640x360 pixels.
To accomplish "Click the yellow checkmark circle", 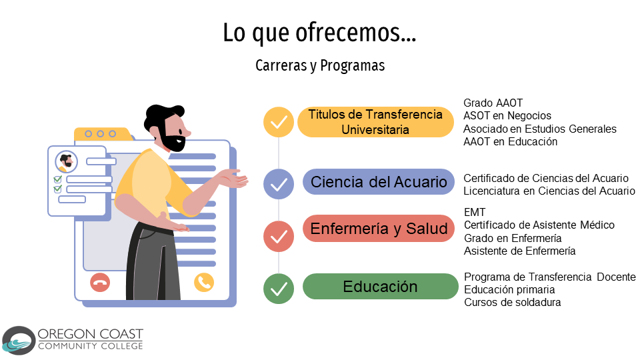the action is pyautogui.click(x=279, y=122).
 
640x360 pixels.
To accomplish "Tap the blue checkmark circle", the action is pyautogui.click(x=279, y=184).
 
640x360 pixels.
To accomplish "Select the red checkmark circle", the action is pyautogui.click(x=279, y=237).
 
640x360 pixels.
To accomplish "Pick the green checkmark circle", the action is pyautogui.click(x=279, y=289).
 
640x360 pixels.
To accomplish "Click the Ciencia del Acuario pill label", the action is pyautogui.click(x=379, y=181).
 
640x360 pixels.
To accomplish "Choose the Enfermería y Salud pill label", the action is pyautogui.click(x=379, y=229).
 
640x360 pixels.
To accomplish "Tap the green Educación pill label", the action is pyautogui.click(x=381, y=287).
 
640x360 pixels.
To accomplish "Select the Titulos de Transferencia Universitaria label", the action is pyautogui.click(x=375, y=122).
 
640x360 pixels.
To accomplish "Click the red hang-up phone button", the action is pyautogui.click(x=100, y=282).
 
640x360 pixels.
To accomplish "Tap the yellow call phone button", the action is pyautogui.click(x=204, y=282).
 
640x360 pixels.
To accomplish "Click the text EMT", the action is pyautogui.click(x=475, y=212).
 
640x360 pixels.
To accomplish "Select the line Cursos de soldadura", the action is pyautogui.click(x=512, y=303).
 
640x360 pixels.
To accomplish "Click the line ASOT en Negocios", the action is pyautogui.click(x=507, y=116).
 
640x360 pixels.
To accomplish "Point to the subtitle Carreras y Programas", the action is pyautogui.click(x=320, y=65).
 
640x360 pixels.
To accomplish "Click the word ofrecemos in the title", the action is pyautogui.click(x=355, y=33).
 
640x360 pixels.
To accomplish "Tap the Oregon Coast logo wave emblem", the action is pyautogui.click(x=19, y=341).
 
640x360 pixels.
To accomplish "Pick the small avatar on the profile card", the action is pyautogui.click(x=66, y=161).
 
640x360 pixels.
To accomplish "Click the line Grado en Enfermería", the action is pyautogui.click(x=513, y=238).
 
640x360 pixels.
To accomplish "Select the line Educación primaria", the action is pyautogui.click(x=509, y=290).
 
